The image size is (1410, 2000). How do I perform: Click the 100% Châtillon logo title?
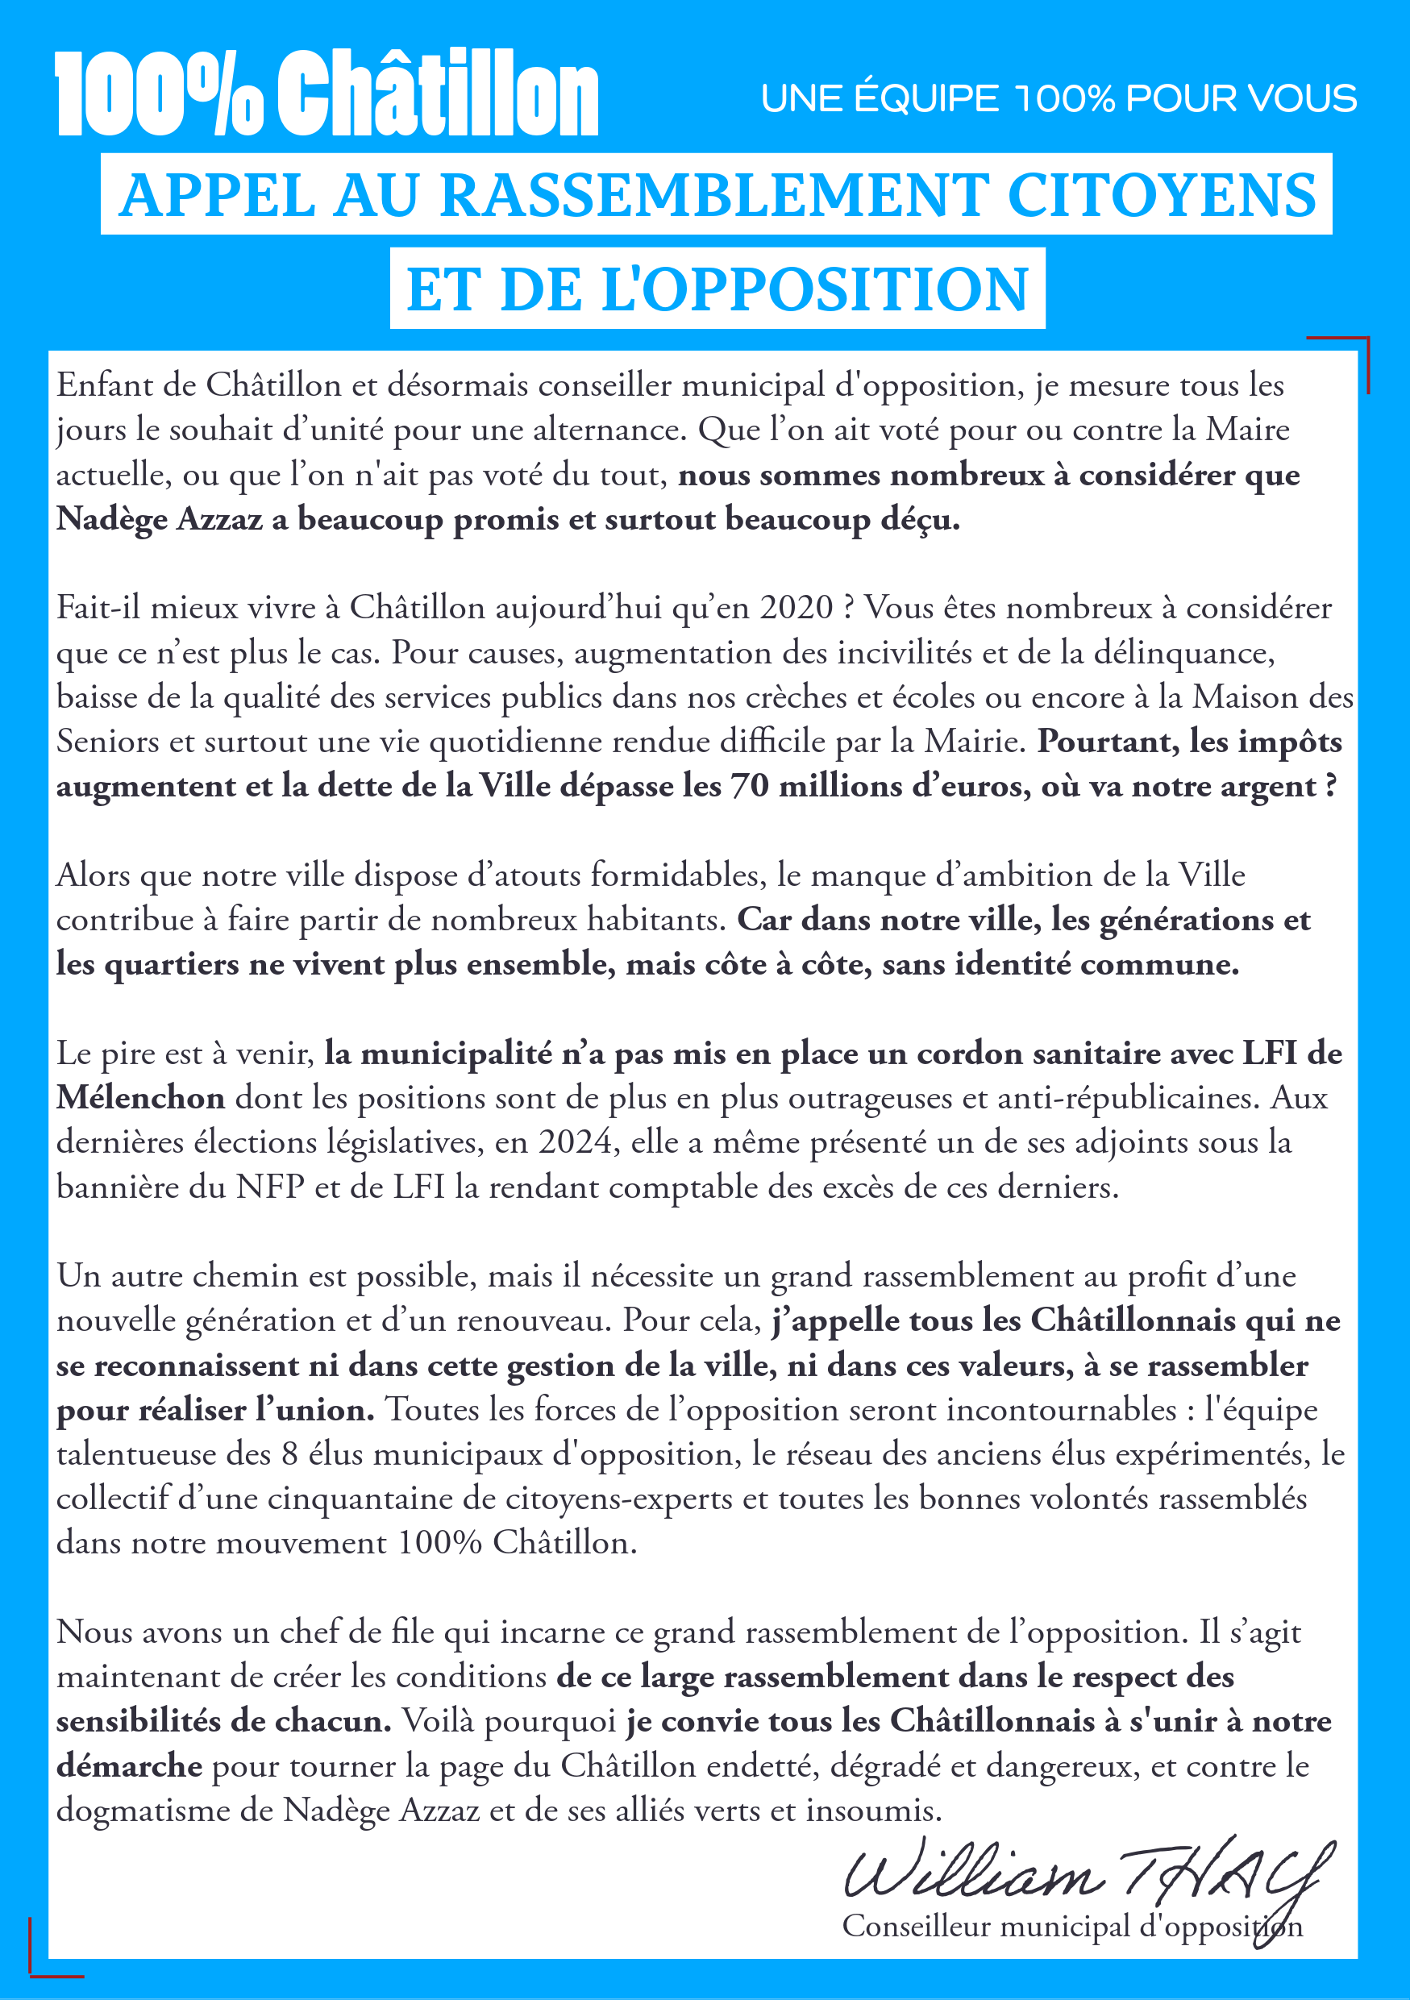click(x=327, y=94)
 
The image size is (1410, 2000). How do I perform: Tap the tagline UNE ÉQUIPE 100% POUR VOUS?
click(x=1059, y=98)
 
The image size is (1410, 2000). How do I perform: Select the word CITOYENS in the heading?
click(x=1161, y=195)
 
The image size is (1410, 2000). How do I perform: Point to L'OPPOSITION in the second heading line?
click(x=815, y=289)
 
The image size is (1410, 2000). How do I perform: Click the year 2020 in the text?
click(x=796, y=608)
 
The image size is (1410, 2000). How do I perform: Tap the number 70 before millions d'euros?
click(x=748, y=786)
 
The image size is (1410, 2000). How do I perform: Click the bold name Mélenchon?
click(x=140, y=1098)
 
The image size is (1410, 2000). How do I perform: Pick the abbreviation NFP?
click(x=270, y=1187)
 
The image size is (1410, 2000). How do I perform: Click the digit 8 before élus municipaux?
click(x=289, y=1453)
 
